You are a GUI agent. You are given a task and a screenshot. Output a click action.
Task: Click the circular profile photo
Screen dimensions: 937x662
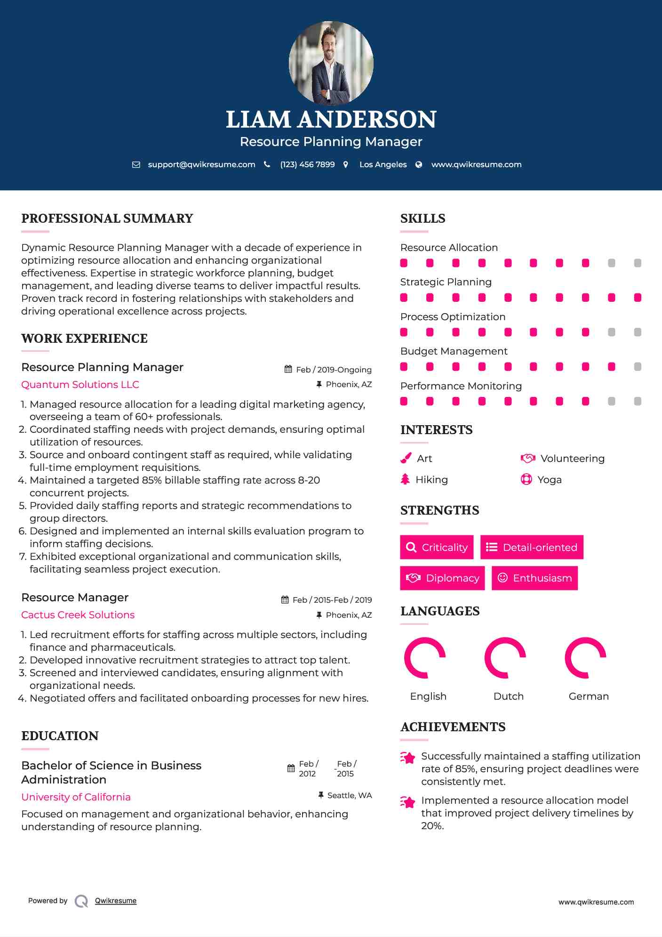331,63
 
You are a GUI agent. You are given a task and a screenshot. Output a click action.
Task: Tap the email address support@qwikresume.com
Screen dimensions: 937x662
201,164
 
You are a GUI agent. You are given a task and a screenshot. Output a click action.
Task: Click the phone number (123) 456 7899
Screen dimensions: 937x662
307,164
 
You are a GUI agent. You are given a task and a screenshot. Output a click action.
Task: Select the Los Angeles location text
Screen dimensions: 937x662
383,164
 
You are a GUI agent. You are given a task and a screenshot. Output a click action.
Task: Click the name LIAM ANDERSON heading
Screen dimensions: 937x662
331,120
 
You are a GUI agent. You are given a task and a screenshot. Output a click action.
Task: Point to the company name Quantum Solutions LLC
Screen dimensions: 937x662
80,385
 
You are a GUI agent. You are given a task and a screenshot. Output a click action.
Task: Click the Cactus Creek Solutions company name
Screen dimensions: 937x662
78,615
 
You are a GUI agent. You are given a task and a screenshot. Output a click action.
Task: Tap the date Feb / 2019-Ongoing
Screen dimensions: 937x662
334,370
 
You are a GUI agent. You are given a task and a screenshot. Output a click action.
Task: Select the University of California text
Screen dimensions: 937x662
76,797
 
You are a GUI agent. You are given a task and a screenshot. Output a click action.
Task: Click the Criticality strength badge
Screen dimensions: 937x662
437,547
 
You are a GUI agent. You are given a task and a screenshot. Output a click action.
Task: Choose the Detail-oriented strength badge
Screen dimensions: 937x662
532,547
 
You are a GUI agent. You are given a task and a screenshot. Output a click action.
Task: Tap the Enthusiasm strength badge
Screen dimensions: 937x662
534,578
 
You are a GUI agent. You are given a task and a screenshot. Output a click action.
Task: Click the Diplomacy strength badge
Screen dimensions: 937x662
442,578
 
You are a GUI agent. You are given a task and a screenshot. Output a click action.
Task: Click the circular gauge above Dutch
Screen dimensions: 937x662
505,658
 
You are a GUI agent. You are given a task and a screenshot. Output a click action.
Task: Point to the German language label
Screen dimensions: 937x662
588,696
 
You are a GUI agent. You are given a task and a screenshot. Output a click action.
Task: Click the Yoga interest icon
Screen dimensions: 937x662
526,479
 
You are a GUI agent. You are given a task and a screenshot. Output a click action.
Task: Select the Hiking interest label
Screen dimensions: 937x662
431,480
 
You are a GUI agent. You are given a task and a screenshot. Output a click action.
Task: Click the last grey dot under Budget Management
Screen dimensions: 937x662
638,367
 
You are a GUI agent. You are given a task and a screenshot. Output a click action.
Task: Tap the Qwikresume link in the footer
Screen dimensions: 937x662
115,901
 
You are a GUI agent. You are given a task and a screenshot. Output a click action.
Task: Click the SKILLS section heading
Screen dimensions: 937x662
423,218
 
